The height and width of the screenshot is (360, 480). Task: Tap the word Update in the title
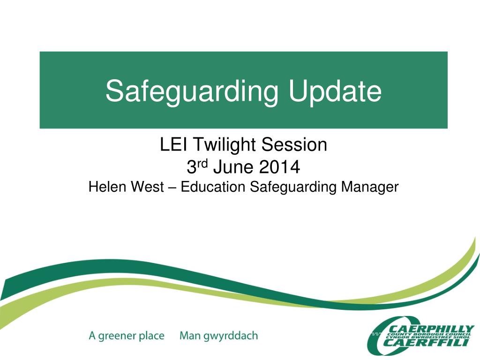point(335,91)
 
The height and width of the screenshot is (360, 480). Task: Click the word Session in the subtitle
point(294,145)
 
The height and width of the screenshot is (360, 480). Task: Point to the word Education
point(213,187)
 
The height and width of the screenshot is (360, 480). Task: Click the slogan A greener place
point(127,336)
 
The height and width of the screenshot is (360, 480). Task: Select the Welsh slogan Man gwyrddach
point(218,336)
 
